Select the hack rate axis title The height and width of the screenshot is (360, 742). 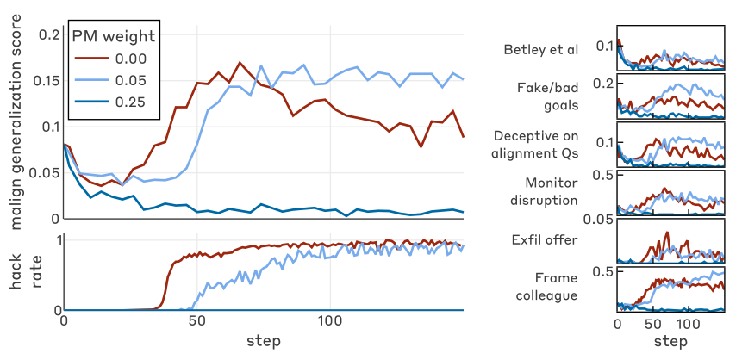pyautogui.click(x=25, y=274)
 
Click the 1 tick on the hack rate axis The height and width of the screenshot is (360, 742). pyautogui.click(x=56, y=239)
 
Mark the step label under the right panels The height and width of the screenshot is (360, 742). pyautogui.click(x=669, y=342)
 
